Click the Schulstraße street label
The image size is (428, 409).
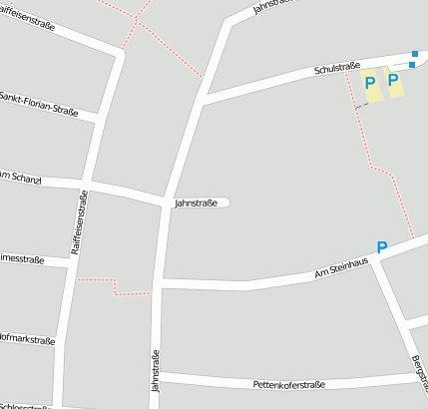336,70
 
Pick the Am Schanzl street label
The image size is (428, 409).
20,177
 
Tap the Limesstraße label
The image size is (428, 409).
21,259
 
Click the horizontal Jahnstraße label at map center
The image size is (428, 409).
196,203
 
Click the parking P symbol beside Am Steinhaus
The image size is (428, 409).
381,246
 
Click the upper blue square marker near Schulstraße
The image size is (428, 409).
415,54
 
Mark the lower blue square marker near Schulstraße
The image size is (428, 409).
411,65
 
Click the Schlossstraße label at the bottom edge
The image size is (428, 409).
24,404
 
